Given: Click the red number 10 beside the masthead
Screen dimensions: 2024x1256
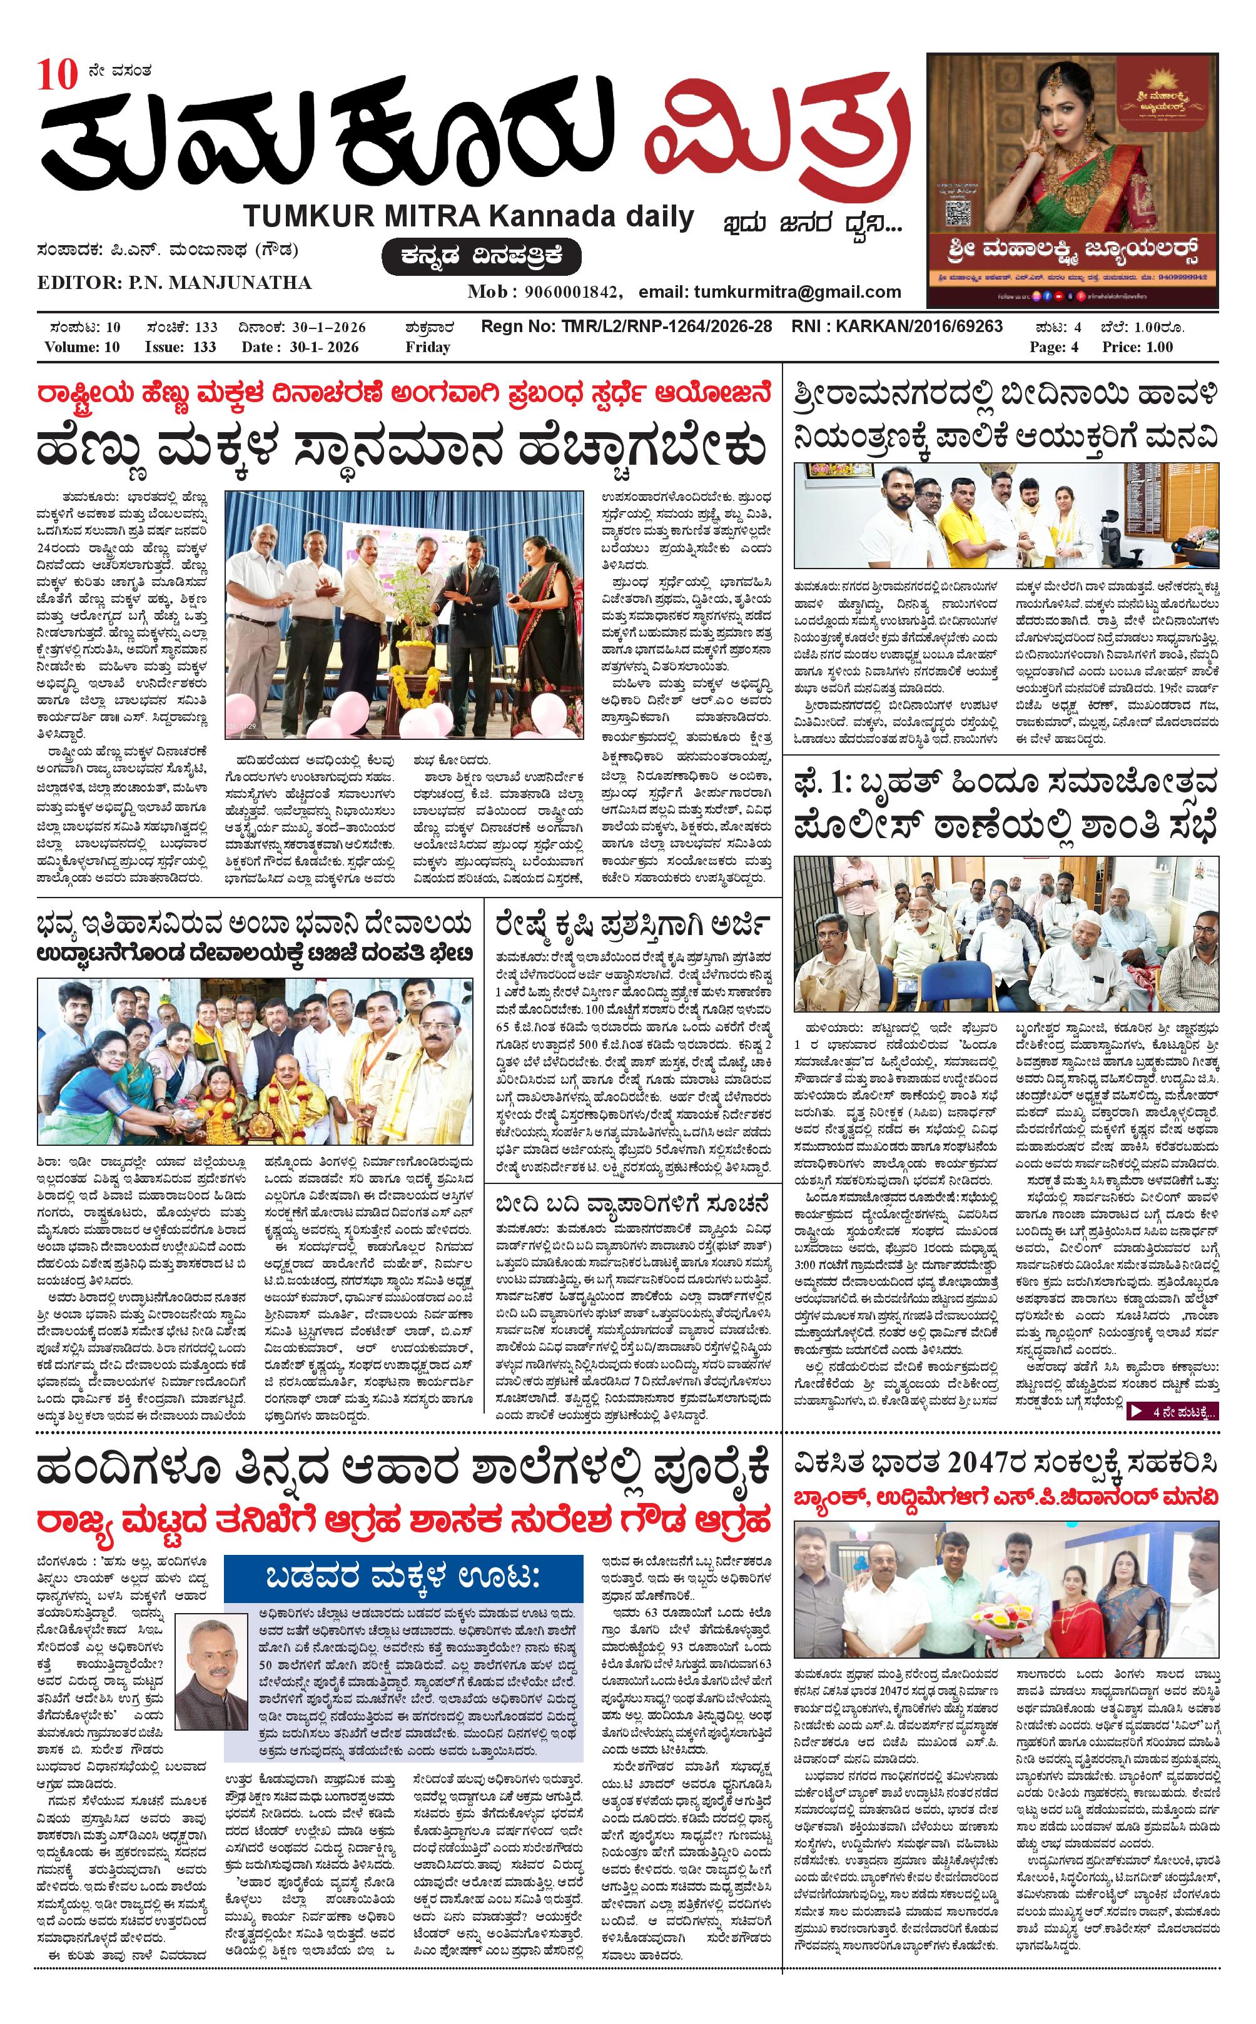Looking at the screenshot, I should coord(56,76).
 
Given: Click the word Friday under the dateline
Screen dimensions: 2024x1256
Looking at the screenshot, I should coord(428,347).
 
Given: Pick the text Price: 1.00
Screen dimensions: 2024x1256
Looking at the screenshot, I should coord(1137,347).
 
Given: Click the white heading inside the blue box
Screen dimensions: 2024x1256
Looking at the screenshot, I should coord(403,1576).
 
